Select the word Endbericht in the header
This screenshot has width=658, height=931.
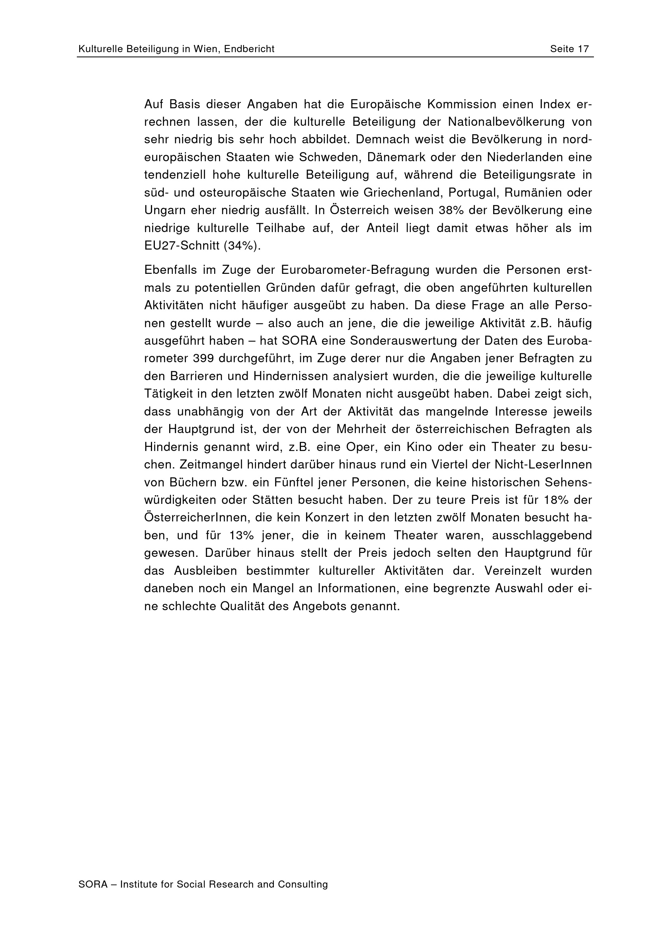(x=249, y=49)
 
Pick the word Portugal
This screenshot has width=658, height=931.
(x=486, y=193)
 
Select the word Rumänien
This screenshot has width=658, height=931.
(x=538, y=193)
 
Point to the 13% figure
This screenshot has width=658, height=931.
(x=241, y=535)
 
